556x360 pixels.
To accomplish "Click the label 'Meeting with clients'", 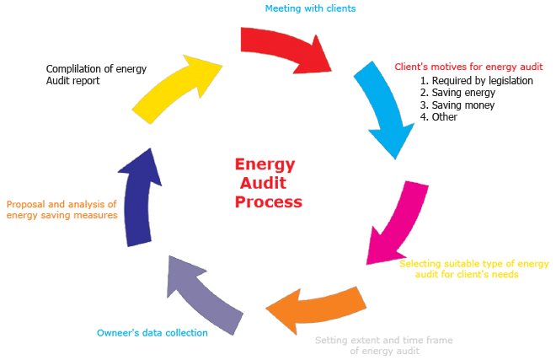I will (x=310, y=8).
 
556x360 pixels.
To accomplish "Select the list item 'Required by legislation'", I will (x=476, y=81).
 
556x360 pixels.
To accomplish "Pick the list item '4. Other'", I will (x=438, y=117).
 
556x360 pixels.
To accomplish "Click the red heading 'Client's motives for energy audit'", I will (x=469, y=67).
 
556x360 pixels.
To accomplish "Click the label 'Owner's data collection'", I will (x=152, y=333).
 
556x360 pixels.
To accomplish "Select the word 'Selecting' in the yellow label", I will (x=420, y=264).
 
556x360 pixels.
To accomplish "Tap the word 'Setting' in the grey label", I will (x=332, y=341).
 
